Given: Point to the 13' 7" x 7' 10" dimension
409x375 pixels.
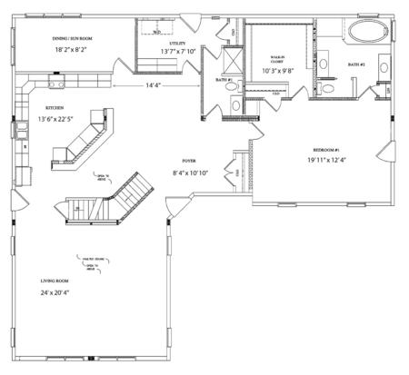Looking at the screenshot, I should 177,53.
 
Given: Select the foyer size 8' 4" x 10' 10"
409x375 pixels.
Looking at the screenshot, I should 192,172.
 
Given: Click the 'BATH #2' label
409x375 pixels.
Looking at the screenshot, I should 355,64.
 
